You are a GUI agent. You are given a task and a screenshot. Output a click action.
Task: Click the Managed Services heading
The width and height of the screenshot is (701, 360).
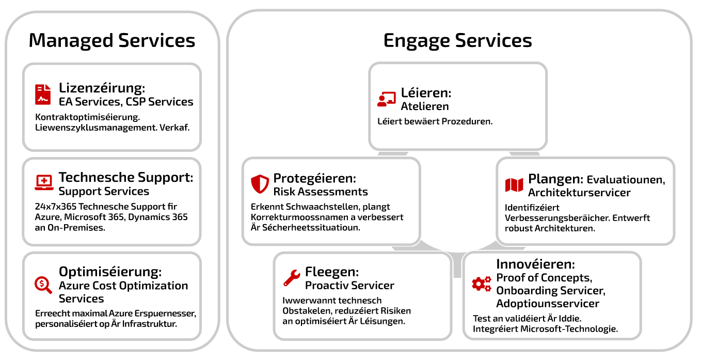111,41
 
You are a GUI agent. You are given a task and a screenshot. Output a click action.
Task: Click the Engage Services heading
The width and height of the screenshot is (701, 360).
457,41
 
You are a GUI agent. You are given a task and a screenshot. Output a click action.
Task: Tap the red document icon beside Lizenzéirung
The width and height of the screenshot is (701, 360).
43,95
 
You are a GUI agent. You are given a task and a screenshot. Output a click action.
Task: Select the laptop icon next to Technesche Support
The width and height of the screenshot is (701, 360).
44,182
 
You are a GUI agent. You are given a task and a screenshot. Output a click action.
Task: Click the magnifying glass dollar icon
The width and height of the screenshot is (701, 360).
43,285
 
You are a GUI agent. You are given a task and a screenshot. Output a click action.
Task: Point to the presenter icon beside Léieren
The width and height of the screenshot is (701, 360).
387,99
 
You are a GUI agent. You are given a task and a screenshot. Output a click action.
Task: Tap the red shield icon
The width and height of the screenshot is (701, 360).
260,184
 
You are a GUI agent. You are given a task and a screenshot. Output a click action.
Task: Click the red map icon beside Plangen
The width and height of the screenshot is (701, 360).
514,185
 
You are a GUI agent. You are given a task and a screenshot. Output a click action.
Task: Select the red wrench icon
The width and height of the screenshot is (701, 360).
292,278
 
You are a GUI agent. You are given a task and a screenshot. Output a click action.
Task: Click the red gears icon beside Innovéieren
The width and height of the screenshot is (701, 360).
482,284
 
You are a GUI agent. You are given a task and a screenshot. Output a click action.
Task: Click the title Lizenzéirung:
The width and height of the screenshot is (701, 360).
102,88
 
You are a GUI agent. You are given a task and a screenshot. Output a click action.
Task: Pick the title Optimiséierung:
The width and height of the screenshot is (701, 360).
110,272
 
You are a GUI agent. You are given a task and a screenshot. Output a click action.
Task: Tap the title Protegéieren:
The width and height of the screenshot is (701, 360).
314,178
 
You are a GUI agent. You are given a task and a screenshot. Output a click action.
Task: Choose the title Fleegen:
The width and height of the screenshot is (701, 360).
332,272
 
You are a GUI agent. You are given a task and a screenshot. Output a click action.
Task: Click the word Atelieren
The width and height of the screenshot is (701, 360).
425,106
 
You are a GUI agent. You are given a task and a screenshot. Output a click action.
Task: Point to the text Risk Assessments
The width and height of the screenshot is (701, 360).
321,192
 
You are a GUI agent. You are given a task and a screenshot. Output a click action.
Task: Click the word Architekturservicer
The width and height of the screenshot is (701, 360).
579,193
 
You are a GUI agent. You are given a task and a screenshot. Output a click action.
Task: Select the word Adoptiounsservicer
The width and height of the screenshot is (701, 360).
548,304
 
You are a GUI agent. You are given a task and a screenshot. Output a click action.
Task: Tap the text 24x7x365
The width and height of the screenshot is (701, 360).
55,207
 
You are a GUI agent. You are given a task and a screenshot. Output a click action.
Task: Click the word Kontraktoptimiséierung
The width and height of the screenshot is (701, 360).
88,117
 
